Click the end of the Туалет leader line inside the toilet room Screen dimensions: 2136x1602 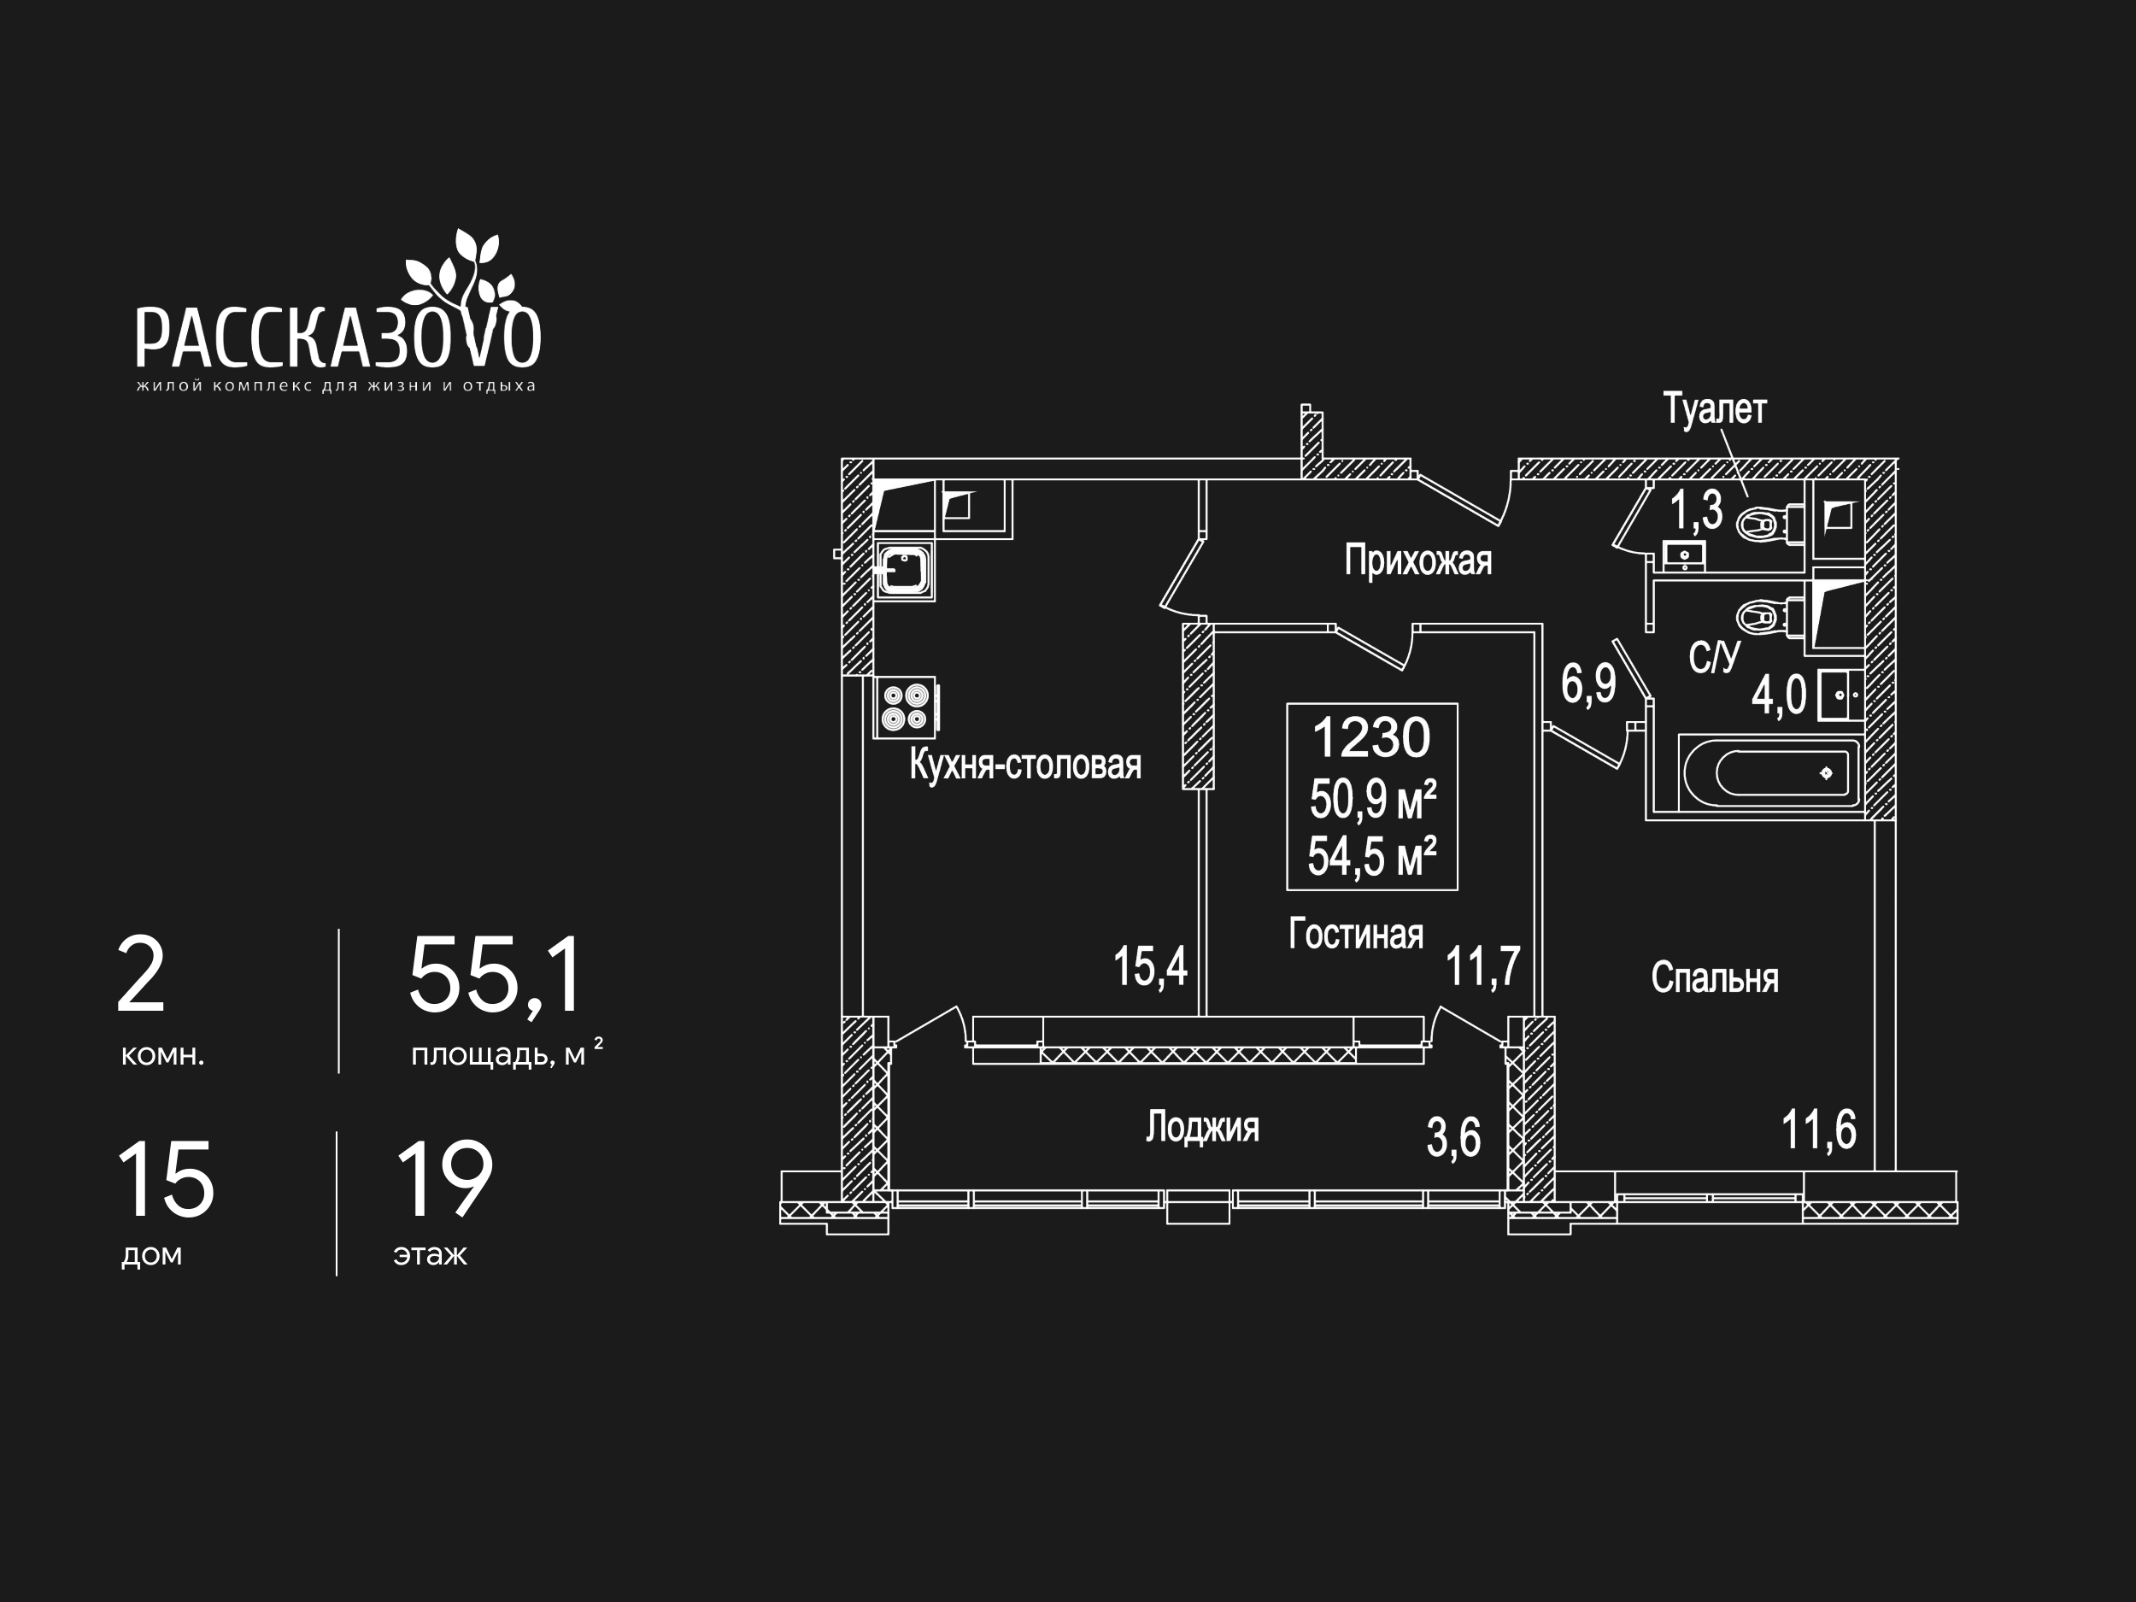coord(1746,496)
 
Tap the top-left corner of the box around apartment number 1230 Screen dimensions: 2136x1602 coord(1288,704)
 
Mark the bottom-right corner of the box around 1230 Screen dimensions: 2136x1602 coord(1457,889)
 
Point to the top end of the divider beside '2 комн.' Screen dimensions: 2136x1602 coord(339,930)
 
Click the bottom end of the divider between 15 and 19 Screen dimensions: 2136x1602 coord(337,1276)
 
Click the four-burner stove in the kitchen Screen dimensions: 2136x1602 coord(906,707)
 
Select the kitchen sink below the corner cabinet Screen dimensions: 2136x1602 coord(904,572)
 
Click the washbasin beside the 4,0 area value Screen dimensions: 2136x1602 coord(1840,695)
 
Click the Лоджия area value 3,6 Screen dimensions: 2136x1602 coord(1453,1137)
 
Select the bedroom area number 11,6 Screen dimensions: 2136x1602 coord(1818,1130)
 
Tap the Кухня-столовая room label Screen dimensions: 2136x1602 coord(1025,766)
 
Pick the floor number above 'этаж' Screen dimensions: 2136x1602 coord(444,1179)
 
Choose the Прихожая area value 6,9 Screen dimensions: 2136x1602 coord(1588,684)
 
